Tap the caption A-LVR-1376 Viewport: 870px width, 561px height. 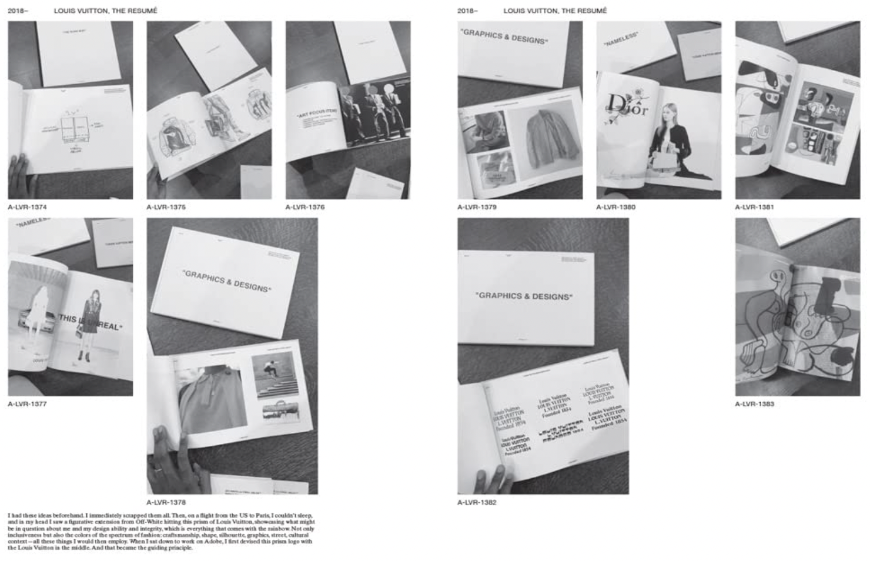tap(304, 207)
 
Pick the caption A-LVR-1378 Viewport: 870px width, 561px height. tap(166, 502)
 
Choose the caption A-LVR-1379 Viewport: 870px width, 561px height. tap(477, 207)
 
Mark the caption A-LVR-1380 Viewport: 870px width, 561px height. tap(615, 207)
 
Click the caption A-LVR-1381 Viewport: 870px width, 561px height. tap(754, 207)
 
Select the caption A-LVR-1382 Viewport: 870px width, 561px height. tap(477, 502)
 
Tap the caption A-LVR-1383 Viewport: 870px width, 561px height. tap(754, 404)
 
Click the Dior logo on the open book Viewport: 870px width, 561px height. tap(626, 106)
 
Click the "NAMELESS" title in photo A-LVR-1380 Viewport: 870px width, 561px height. tap(620, 40)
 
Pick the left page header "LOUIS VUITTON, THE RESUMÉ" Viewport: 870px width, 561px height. tap(105, 11)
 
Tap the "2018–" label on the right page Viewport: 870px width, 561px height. tap(467, 11)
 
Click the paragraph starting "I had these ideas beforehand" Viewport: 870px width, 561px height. tap(160, 532)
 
